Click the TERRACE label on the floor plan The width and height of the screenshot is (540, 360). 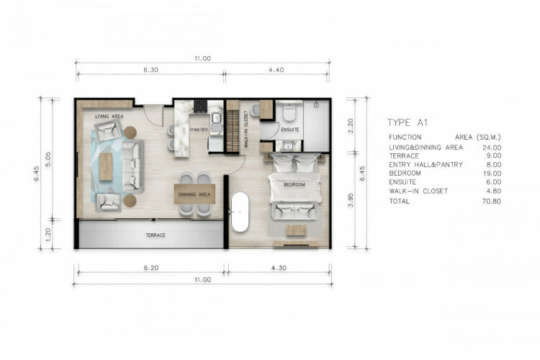pos(156,235)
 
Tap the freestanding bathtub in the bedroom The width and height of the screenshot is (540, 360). pos(240,212)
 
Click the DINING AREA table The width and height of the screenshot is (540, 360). pos(194,194)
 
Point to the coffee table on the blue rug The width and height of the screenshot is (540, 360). pos(106,166)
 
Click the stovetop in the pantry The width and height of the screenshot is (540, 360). pos(200,107)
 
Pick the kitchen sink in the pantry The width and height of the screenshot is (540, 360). pos(216,118)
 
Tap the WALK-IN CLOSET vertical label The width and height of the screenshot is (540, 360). pos(246,129)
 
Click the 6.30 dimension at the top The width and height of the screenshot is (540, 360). pos(151,70)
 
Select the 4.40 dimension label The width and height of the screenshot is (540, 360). pos(276,70)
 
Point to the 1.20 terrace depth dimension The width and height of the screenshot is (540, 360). pos(48,234)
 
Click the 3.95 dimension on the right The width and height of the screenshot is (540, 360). pos(350,200)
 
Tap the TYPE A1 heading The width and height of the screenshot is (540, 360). pos(408,122)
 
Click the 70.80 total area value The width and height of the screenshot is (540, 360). pos(492,201)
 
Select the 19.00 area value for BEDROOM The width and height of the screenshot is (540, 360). pos(492,174)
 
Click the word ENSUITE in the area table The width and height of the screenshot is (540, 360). pos(402,182)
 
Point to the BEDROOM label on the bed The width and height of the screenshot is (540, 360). pos(294,184)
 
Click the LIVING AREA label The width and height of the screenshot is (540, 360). pos(109,117)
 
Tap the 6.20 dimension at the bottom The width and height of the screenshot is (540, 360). pos(151,268)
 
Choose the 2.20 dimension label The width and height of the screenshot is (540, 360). pos(350,126)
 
